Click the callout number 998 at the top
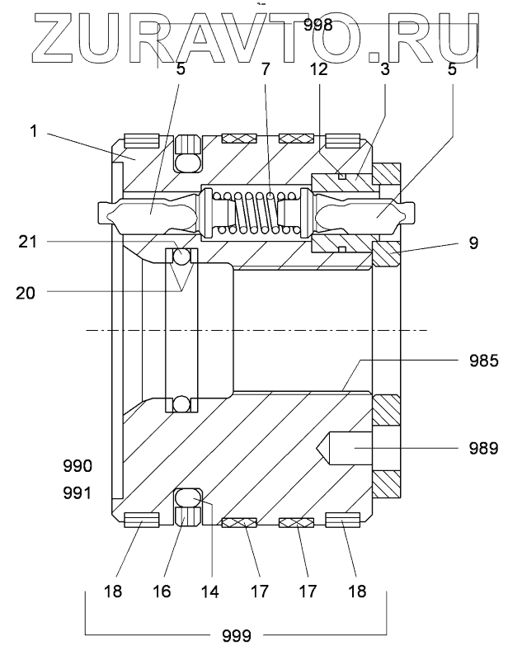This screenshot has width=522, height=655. point(318,25)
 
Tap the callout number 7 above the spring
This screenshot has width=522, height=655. point(266,69)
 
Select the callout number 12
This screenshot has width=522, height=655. point(318,69)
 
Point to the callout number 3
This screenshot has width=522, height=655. point(384,69)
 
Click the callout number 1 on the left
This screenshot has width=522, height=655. point(34,131)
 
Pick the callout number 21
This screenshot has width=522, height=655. point(27,242)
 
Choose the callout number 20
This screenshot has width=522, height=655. point(26,293)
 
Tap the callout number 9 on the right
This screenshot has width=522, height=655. point(473,243)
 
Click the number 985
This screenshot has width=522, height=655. point(483,360)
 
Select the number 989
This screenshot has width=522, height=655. point(483,448)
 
